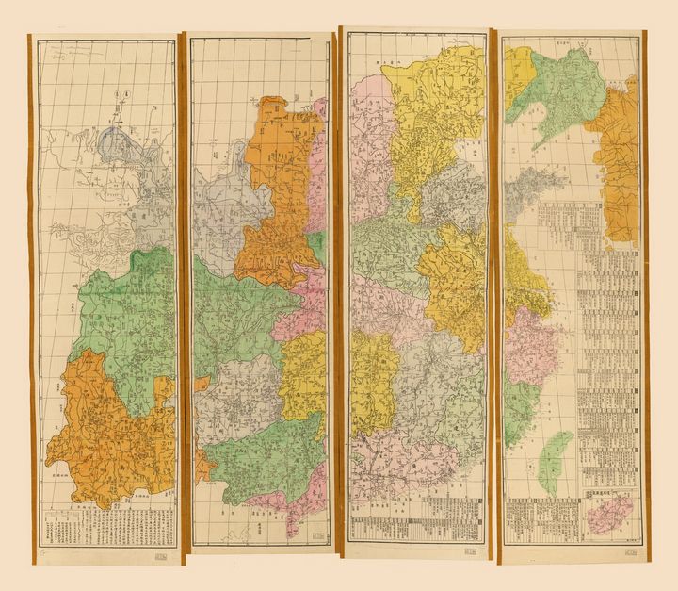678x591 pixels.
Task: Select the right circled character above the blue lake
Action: point(129,94)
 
